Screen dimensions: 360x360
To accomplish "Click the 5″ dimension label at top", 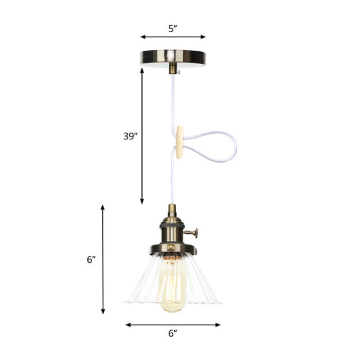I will click(173, 29).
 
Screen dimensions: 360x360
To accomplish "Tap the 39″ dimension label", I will click(129, 136).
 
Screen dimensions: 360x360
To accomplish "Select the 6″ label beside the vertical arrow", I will click(91, 260).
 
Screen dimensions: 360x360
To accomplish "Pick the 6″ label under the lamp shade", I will click(173, 333).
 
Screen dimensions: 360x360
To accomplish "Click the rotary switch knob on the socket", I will click(195, 233).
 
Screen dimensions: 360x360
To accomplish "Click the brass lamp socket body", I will click(173, 231).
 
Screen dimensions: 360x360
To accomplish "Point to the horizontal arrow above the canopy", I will click(173, 37).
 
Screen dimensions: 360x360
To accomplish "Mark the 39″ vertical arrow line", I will click(142, 136).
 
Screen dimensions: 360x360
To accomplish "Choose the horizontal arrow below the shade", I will click(173, 325).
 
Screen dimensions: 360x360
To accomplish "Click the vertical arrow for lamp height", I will click(103, 260).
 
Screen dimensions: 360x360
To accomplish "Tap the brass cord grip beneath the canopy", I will click(173, 68).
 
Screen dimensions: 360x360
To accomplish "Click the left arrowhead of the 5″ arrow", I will click(142, 37).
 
